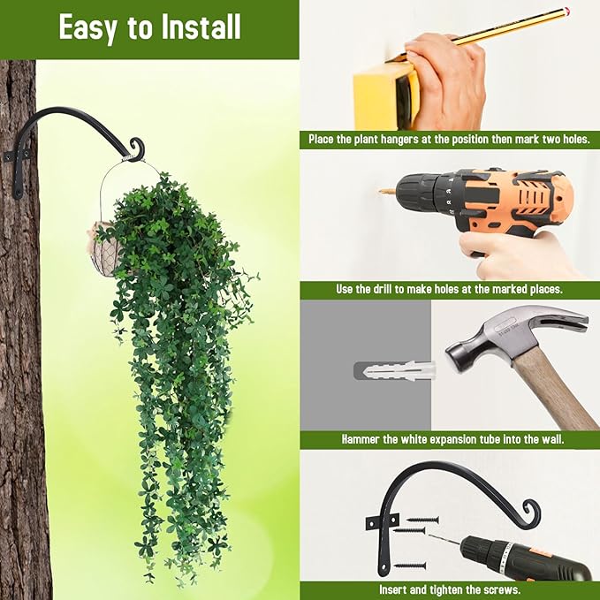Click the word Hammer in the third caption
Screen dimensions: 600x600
click(361, 439)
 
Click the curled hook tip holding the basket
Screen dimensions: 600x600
click(135, 148)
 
